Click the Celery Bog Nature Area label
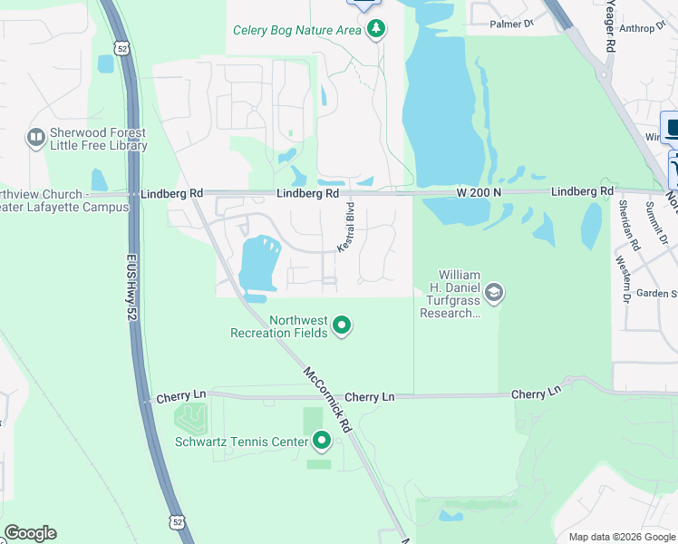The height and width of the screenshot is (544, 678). coord(297,29)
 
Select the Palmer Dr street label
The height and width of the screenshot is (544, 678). coord(512,24)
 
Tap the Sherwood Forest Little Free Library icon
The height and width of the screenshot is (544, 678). coord(36,138)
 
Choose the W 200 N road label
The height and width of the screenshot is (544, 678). coord(479,192)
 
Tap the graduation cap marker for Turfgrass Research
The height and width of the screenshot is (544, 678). coord(494,293)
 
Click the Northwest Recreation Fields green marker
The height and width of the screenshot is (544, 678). coord(342,325)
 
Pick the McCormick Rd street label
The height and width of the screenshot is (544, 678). coord(327,398)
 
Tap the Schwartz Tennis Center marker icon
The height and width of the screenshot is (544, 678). coord(322,442)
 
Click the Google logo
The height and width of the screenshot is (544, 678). coord(30,533)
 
